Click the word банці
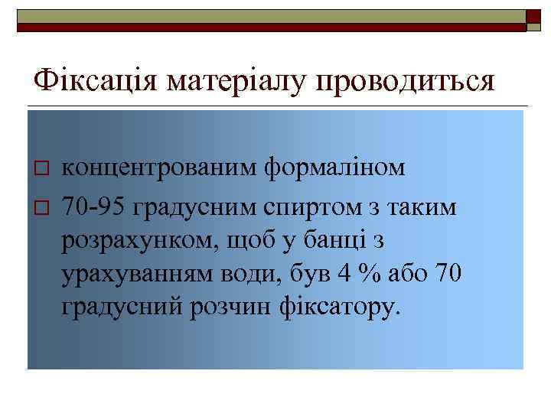341,239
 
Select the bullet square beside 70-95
42,205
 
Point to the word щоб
253,239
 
